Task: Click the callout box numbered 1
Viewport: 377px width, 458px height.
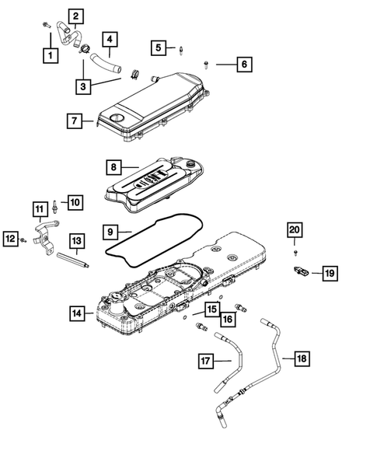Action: (x=51, y=55)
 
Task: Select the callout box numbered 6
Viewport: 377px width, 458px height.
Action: (x=244, y=65)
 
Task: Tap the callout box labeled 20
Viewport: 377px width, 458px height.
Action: (x=295, y=230)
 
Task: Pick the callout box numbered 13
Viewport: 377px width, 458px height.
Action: (x=77, y=241)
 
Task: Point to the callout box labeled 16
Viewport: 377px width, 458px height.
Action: (x=228, y=319)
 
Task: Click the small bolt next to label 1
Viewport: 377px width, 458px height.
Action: (x=47, y=25)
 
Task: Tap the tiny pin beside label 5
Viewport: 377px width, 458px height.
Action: (x=181, y=51)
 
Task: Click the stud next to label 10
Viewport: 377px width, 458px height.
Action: (x=55, y=205)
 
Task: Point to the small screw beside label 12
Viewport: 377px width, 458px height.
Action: (x=23, y=240)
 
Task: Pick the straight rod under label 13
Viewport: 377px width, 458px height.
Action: (x=73, y=260)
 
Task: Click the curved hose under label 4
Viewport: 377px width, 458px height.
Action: (x=106, y=64)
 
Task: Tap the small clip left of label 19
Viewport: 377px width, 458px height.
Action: (x=301, y=271)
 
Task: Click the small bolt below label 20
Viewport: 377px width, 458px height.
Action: (x=296, y=253)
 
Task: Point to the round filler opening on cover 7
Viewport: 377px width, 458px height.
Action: (x=117, y=118)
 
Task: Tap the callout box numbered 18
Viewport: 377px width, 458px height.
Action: (x=302, y=358)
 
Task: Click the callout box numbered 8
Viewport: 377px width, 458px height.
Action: (x=113, y=167)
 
